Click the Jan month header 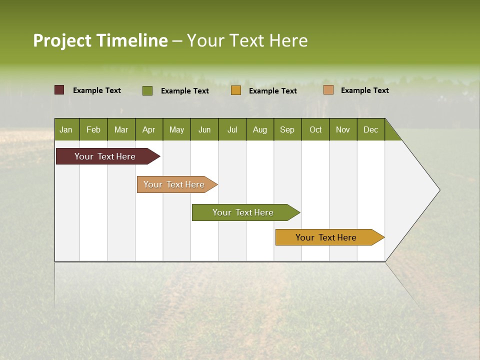pyautogui.click(x=66, y=129)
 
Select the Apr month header pyautogui.click(x=148, y=129)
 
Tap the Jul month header pyautogui.click(x=232, y=129)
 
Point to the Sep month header pyautogui.click(x=287, y=129)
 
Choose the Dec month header pyautogui.click(x=370, y=129)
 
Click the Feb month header pyautogui.click(x=93, y=129)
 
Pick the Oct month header pyautogui.click(x=315, y=129)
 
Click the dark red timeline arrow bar pyautogui.click(x=105, y=156)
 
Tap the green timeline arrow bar pyautogui.click(x=243, y=212)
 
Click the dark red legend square pyautogui.click(x=59, y=90)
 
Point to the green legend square pyautogui.click(x=147, y=90)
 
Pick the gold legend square pyautogui.click(x=236, y=90)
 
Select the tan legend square pyautogui.click(x=328, y=90)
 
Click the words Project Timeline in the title pyautogui.click(x=100, y=40)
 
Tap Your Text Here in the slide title pyautogui.click(x=247, y=40)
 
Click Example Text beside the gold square pyautogui.click(x=272, y=91)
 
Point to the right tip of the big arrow pyautogui.click(x=438, y=190)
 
